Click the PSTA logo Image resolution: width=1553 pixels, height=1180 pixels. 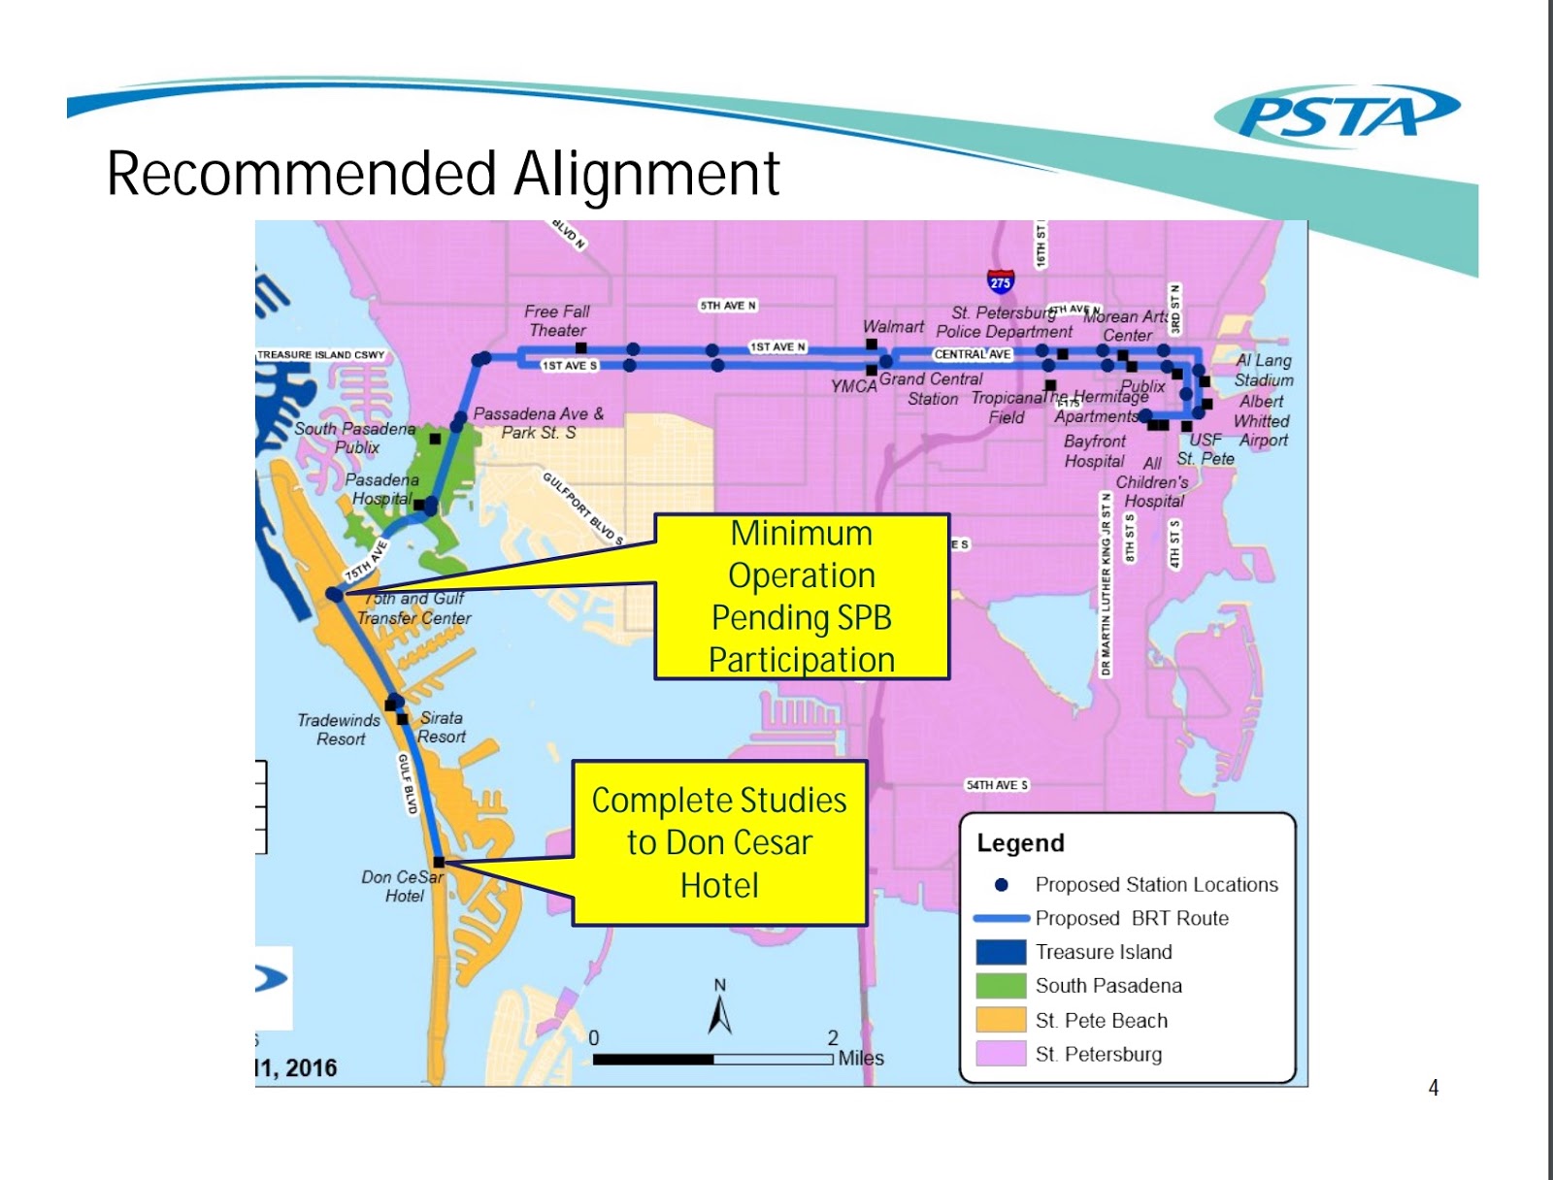[1337, 115]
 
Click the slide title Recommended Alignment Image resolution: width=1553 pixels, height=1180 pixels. [443, 175]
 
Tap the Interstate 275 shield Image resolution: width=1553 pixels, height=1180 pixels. [1000, 281]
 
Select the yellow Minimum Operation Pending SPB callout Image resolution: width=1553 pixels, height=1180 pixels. [802, 597]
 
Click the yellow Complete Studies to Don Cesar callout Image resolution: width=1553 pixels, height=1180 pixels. [719, 842]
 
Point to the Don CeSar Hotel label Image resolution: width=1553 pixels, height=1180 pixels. [403, 886]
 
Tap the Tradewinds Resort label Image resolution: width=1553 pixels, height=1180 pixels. [339, 729]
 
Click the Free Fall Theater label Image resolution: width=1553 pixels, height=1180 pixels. [557, 320]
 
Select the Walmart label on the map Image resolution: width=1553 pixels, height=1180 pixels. [893, 327]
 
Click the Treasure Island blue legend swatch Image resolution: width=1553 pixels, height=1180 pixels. [1001, 952]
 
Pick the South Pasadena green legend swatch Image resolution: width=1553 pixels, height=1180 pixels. [1001, 986]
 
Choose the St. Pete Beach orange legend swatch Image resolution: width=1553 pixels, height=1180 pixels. [1001, 1020]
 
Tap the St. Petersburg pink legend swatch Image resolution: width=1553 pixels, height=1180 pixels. [1001, 1054]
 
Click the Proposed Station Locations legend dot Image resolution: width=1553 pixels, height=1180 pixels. [1002, 885]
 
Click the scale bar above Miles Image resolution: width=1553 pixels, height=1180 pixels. [713, 1059]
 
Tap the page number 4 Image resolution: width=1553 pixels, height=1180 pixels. [1433, 1088]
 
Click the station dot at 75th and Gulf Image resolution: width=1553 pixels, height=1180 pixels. [334, 594]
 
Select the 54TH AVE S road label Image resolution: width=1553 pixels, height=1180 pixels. [996, 785]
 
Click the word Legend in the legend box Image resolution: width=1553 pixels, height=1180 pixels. [1020, 843]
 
